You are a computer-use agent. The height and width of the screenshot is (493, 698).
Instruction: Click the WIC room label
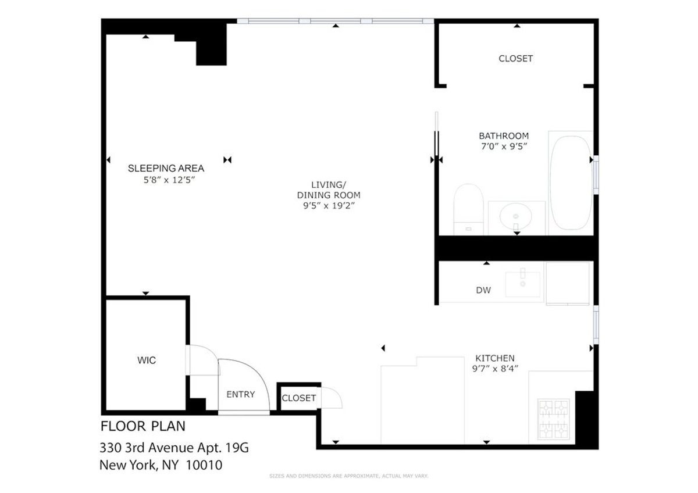(x=147, y=360)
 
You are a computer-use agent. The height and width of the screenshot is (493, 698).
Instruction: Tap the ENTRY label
(x=240, y=394)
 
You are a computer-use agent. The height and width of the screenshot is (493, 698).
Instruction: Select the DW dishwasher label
(x=483, y=290)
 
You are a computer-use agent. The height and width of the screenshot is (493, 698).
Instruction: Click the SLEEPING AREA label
(x=166, y=169)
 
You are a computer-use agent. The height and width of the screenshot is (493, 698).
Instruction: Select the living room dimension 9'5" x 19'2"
(x=329, y=206)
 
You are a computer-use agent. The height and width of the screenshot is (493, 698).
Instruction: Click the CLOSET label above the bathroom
(x=515, y=59)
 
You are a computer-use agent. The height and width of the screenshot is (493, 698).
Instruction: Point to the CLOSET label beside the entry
(x=298, y=398)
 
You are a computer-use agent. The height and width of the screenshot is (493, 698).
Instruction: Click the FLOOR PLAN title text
(x=143, y=426)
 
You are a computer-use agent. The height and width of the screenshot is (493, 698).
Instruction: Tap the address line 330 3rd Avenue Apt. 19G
(x=174, y=449)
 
